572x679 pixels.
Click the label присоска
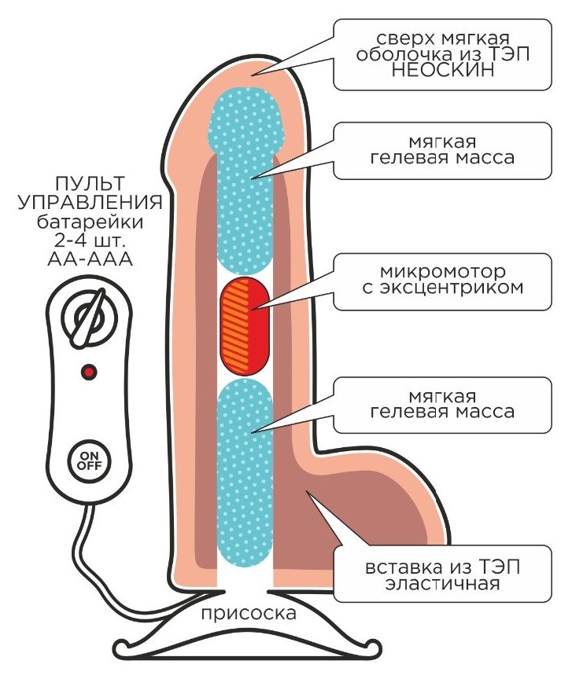(248, 613)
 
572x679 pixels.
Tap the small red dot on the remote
(89, 370)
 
